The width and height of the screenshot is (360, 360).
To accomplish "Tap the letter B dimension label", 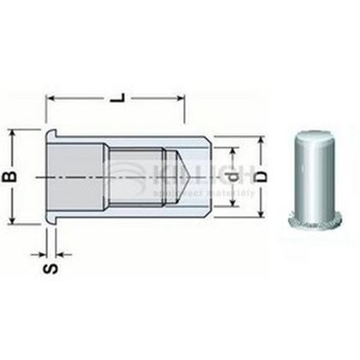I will click(11, 178).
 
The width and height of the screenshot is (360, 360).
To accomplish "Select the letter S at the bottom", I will click(51, 268).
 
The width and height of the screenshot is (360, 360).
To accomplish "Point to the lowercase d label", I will click(232, 178).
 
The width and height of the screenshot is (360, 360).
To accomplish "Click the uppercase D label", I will click(262, 178).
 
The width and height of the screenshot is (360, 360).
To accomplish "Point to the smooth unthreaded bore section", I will click(81, 177).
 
